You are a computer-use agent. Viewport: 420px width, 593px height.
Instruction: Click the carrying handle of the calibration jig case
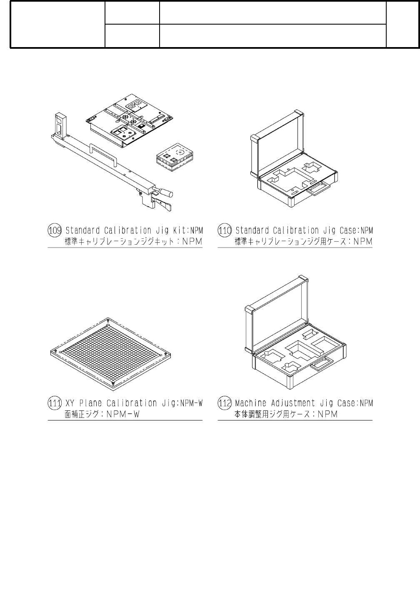coord(318,189)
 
